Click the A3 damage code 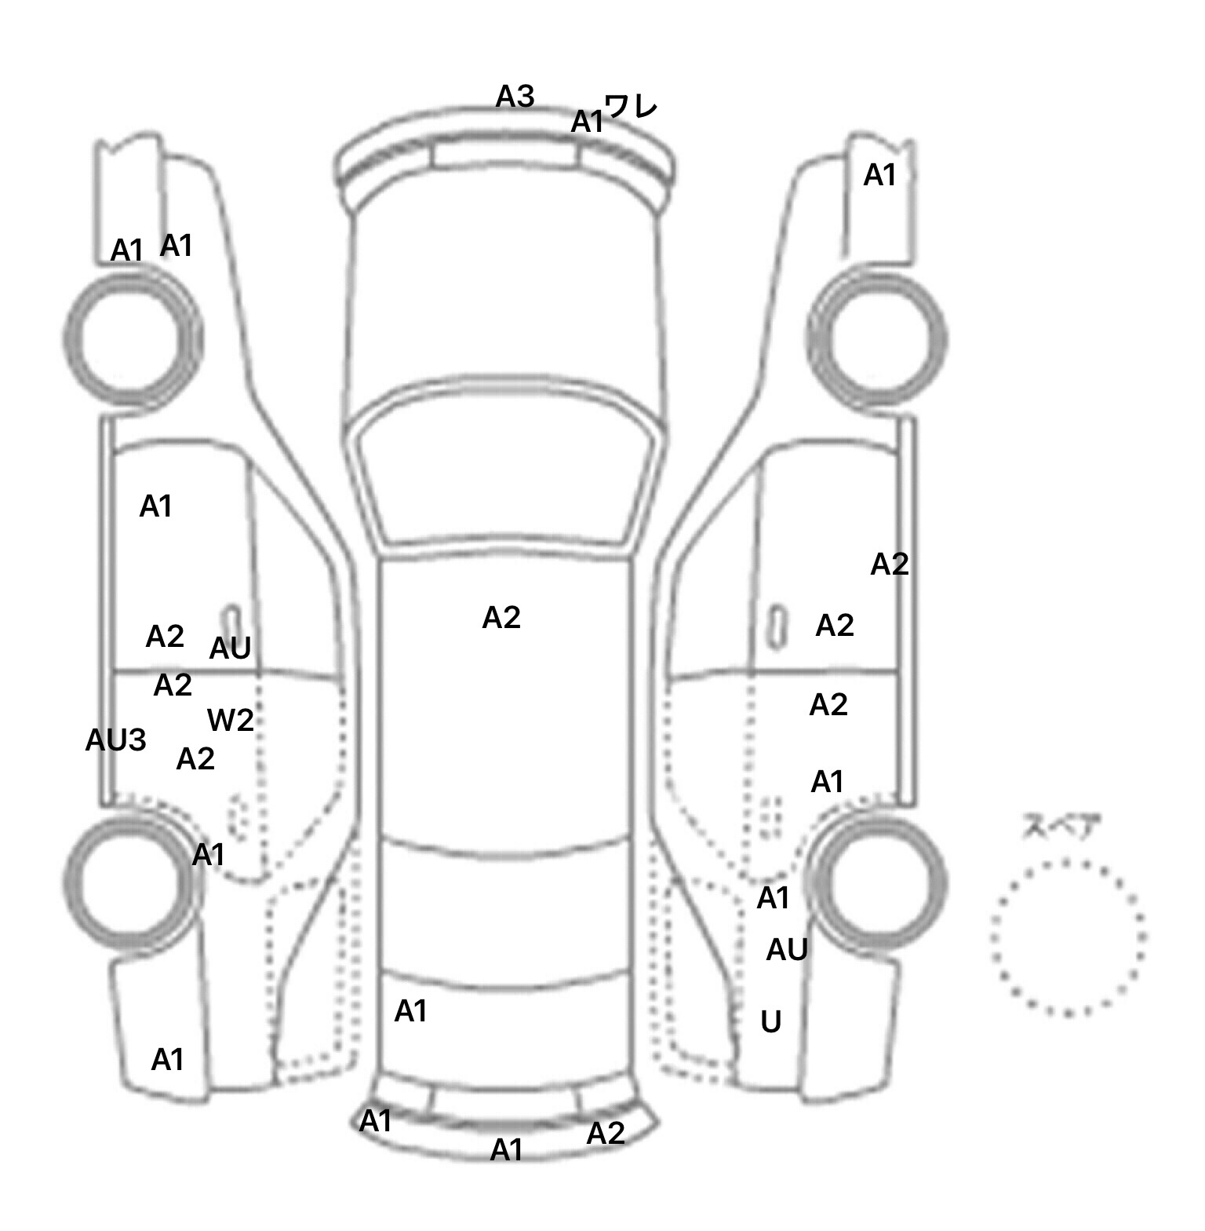tap(515, 97)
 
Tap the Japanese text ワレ tap(632, 106)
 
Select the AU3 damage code tap(115, 740)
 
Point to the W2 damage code tap(231, 720)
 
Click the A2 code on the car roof tap(501, 618)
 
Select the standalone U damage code tap(771, 1021)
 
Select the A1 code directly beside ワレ tap(587, 122)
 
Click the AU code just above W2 tap(230, 648)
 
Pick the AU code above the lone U tap(787, 950)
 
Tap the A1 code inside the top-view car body tap(410, 1011)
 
